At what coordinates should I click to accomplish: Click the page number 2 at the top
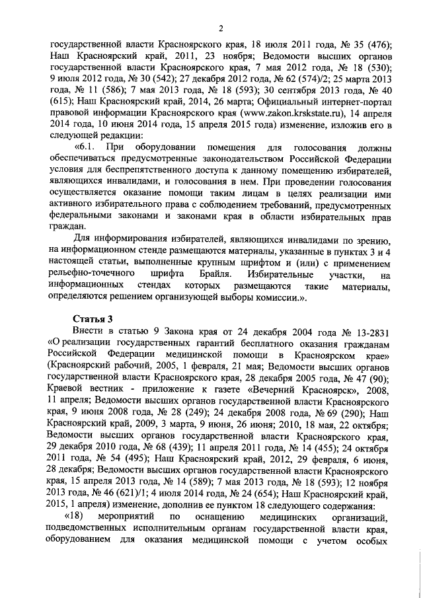pyautogui.click(x=221, y=28)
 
